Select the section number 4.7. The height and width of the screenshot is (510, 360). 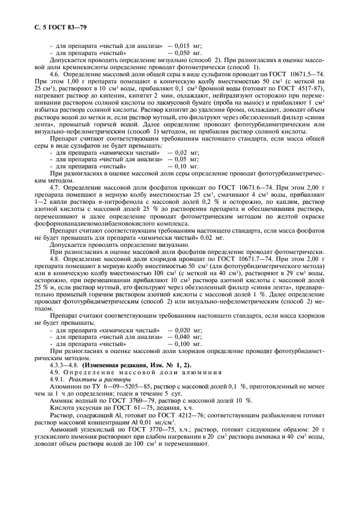[x=55, y=187]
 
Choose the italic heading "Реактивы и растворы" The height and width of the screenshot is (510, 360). [x=99, y=379]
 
